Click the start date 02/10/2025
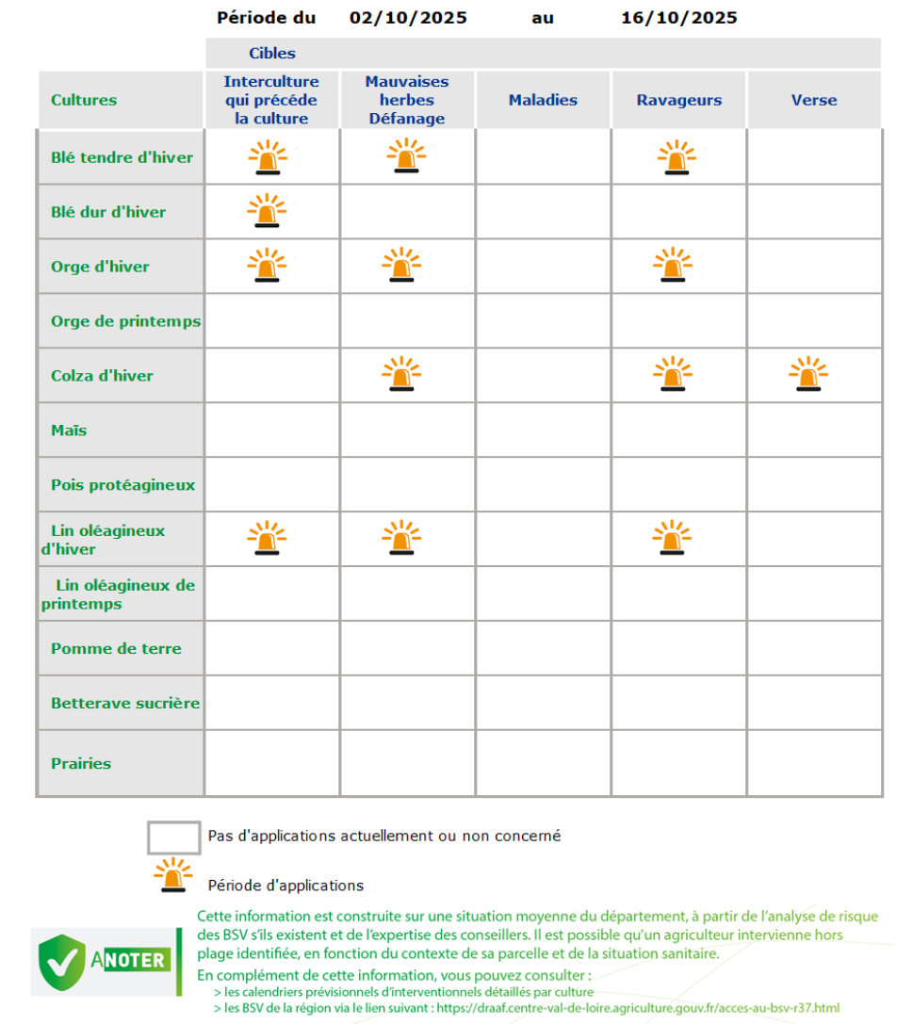408,18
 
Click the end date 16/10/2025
678,18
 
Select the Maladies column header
543,100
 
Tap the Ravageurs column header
678,100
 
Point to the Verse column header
814,100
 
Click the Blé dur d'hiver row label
108,212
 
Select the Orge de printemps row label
125,321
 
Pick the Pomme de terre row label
116,649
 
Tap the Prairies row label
81,764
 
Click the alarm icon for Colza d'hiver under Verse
808,374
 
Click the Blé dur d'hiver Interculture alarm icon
267,211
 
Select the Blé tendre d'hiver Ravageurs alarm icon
677,157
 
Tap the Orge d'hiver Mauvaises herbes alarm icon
401,265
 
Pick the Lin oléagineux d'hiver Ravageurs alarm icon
673,538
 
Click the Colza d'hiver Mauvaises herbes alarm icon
401,374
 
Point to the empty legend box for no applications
173,837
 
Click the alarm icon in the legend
173,875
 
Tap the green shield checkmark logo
61,960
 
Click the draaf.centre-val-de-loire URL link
638,1008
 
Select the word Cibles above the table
272,54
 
